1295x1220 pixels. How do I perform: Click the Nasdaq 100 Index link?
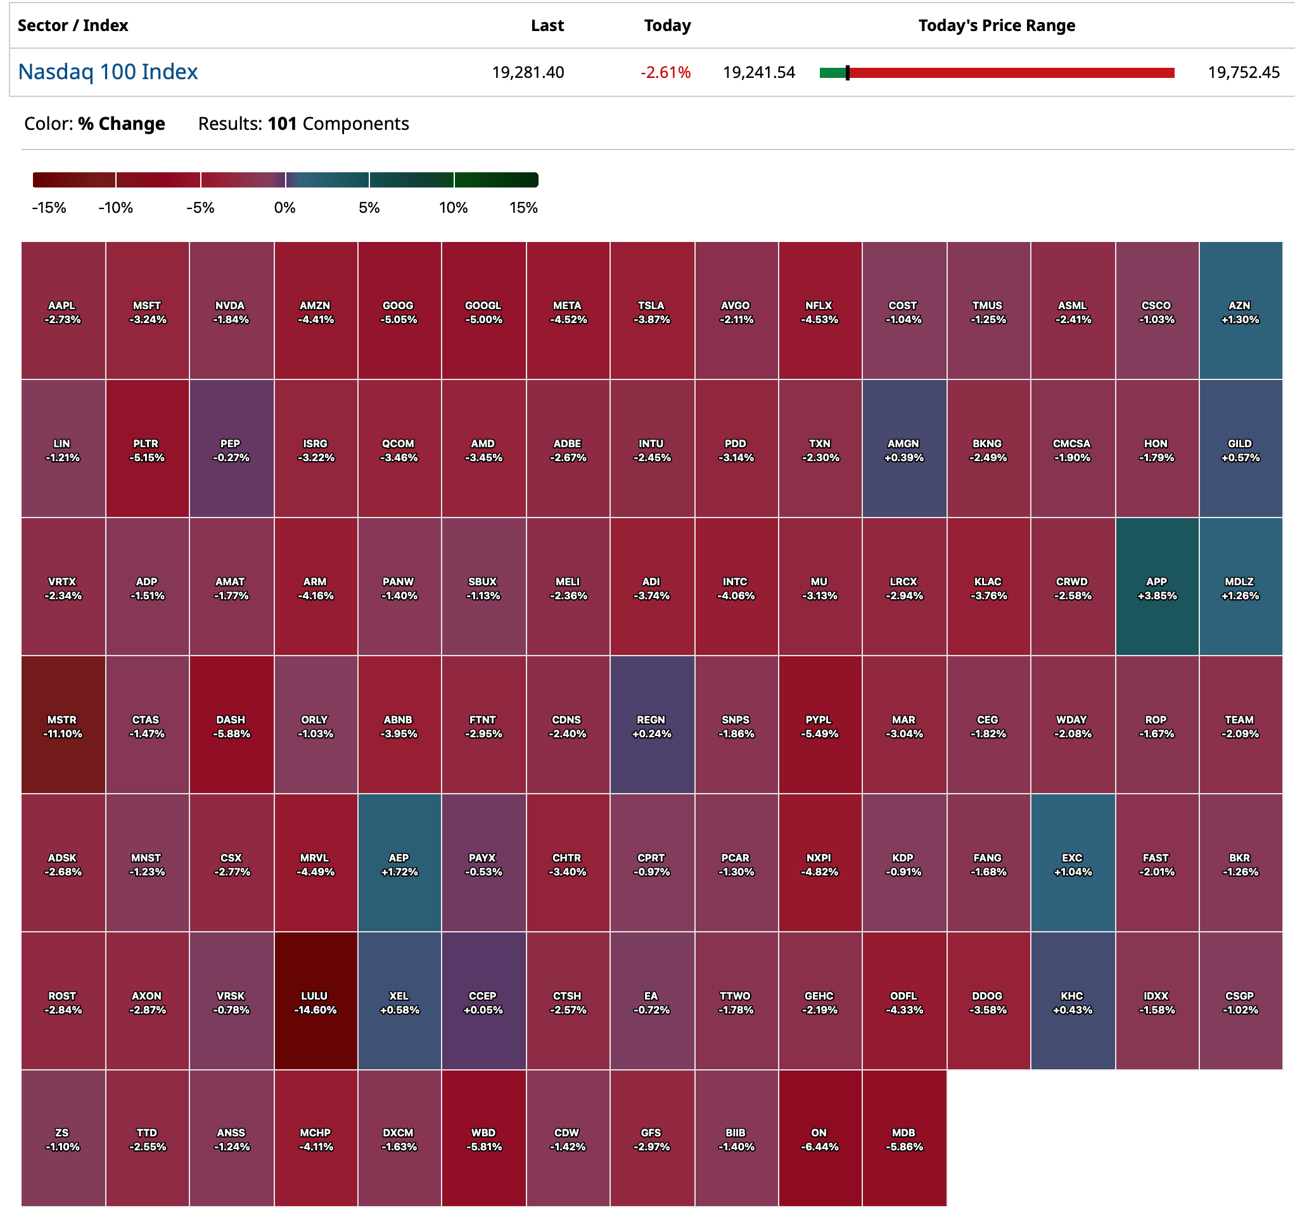[108, 72]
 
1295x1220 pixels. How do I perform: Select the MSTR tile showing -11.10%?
[63, 726]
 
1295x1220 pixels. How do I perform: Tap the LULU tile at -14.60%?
[316, 1002]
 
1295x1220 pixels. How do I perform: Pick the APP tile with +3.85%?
[1157, 588]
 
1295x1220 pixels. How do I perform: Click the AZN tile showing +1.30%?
[1241, 312]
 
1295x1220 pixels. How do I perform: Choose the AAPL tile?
[63, 312]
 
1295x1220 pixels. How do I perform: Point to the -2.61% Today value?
[665, 72]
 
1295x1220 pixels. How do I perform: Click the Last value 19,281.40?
[528, 72]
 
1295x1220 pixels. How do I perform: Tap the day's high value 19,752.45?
[1244, 72]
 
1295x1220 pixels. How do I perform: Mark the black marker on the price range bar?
[848, 73]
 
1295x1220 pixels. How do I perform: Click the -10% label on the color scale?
[115, 208]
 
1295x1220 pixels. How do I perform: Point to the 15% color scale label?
[523, 208]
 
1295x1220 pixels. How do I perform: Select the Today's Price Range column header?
[996, 25]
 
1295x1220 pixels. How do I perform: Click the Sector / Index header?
[73, 25]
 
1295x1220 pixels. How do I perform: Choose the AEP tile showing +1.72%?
[399, 864]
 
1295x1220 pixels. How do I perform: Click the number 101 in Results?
[282, 124]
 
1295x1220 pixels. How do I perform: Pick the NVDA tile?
[231, 312]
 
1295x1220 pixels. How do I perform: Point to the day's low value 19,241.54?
[759, 72]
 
